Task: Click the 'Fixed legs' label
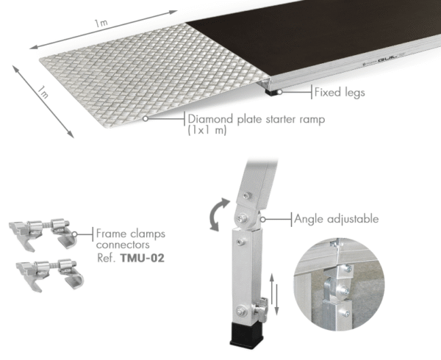pos(340,93)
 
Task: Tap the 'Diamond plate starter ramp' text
pos(257,119)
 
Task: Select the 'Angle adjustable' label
pos(337,219)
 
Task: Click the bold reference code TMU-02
pos(143,258)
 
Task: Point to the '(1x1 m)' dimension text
pos(207,130)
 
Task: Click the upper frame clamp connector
pos(43,233)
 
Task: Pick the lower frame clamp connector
pos(50,275)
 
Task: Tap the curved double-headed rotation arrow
pos(218,214)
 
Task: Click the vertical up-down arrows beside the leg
pos(274,294)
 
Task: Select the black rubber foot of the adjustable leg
pos(247,335)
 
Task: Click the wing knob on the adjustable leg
pos(262,309)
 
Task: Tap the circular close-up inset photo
pos(339,284)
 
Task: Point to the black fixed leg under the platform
pos(271,93)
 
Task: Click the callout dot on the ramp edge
pos(145,118)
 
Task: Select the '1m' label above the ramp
pos(101,23)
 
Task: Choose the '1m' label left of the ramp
pos(43,92)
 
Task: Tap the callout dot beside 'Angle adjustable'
pos(263,219)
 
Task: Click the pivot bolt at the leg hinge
pos(241,217)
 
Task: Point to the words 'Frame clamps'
pos(131,234)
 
